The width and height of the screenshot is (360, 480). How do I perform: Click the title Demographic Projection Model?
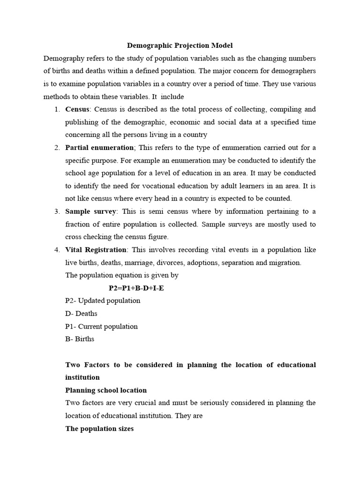(x=180, y=45)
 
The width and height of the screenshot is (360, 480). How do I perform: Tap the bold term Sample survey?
(x=90, y=211)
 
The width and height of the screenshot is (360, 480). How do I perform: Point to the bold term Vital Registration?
(x=96, y=250)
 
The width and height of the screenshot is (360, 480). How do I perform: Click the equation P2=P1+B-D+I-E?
(x=136, y=288)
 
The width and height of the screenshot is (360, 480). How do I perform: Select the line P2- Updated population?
(x=103, y=300)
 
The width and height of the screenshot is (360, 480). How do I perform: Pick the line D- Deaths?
(x=81, y=313)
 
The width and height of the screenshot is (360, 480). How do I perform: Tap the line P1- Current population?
(x=101, y=326)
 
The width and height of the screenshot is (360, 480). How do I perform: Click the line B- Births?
(x=80, y=339)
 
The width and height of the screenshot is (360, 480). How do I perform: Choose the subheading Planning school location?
(x=106, y=390)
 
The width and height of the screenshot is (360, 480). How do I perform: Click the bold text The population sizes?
(x=99, y=428)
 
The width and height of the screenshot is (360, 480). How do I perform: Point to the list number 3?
(x=56, y=211)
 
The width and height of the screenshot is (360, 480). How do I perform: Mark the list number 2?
(x=56, y=148)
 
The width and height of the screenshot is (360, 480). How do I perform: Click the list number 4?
(x=56, y=250)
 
